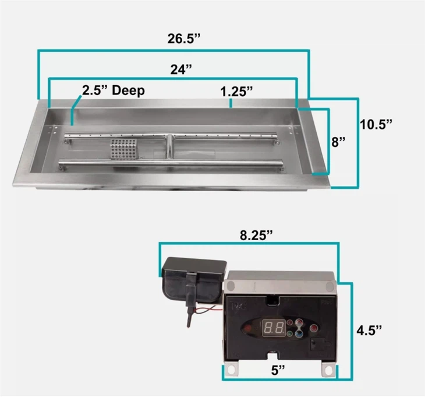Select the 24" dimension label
181,70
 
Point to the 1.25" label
236,91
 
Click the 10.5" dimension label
376,124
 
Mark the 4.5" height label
370,330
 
